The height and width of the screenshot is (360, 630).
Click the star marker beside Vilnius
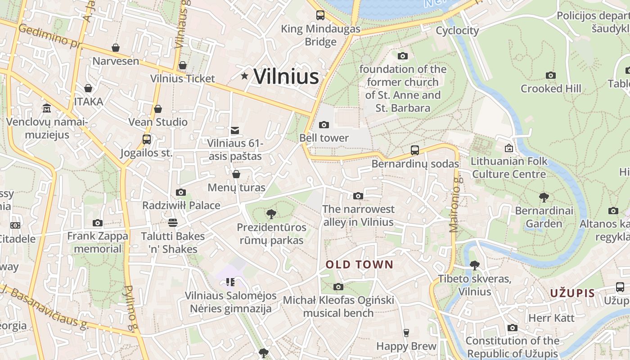tap(244, 76)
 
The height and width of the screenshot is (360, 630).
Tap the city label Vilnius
tap(286, 76)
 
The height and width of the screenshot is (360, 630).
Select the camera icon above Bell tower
tap(324, 125)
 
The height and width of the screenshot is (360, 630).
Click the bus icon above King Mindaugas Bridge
tap(320, 15)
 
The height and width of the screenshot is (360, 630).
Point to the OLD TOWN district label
tap(359, 265)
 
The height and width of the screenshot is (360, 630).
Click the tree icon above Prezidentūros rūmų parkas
tap(271, 214)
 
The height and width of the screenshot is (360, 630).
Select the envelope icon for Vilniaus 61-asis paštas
tap(234, 130)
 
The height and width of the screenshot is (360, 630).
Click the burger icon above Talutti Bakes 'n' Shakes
tap(172, 223)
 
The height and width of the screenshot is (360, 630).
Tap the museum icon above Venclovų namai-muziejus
tap(47, 108)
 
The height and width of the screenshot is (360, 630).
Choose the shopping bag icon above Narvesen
tap(116, 48)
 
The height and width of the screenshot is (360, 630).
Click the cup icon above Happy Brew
tap(406, 333)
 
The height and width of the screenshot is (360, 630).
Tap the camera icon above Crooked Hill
tap(550, 75)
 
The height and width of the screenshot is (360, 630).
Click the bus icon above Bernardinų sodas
tap(414, 150)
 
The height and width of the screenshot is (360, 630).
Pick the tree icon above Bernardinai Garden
tap(544, 197)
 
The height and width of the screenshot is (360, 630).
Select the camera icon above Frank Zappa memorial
tap(97, 223)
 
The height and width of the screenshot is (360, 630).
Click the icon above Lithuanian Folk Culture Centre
tap(509, 148)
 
